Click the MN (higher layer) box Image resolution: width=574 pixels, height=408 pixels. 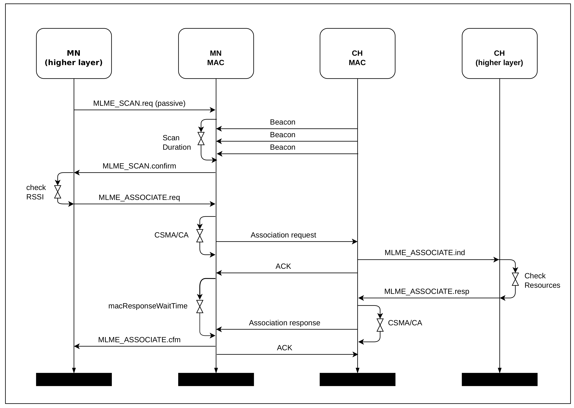coord(74,53)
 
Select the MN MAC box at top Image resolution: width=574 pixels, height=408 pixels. coord(216,53)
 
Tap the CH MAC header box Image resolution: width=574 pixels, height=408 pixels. coord(357,53)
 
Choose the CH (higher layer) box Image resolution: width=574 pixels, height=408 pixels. coord(499,53)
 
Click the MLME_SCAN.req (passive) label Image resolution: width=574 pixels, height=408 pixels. coord(139,103)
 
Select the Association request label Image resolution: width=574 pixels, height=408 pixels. coord(283,235)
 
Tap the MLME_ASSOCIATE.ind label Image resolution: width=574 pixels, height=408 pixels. coord(425,253)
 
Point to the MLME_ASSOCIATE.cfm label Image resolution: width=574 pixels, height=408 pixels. coord(139,340)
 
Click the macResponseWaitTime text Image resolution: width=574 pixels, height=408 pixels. coord(148,306)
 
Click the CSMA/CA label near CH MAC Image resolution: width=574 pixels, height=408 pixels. coord(405,323)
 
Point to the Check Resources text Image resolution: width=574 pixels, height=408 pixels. coord(542,280)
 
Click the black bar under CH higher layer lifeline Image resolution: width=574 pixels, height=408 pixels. coord(499,379)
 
